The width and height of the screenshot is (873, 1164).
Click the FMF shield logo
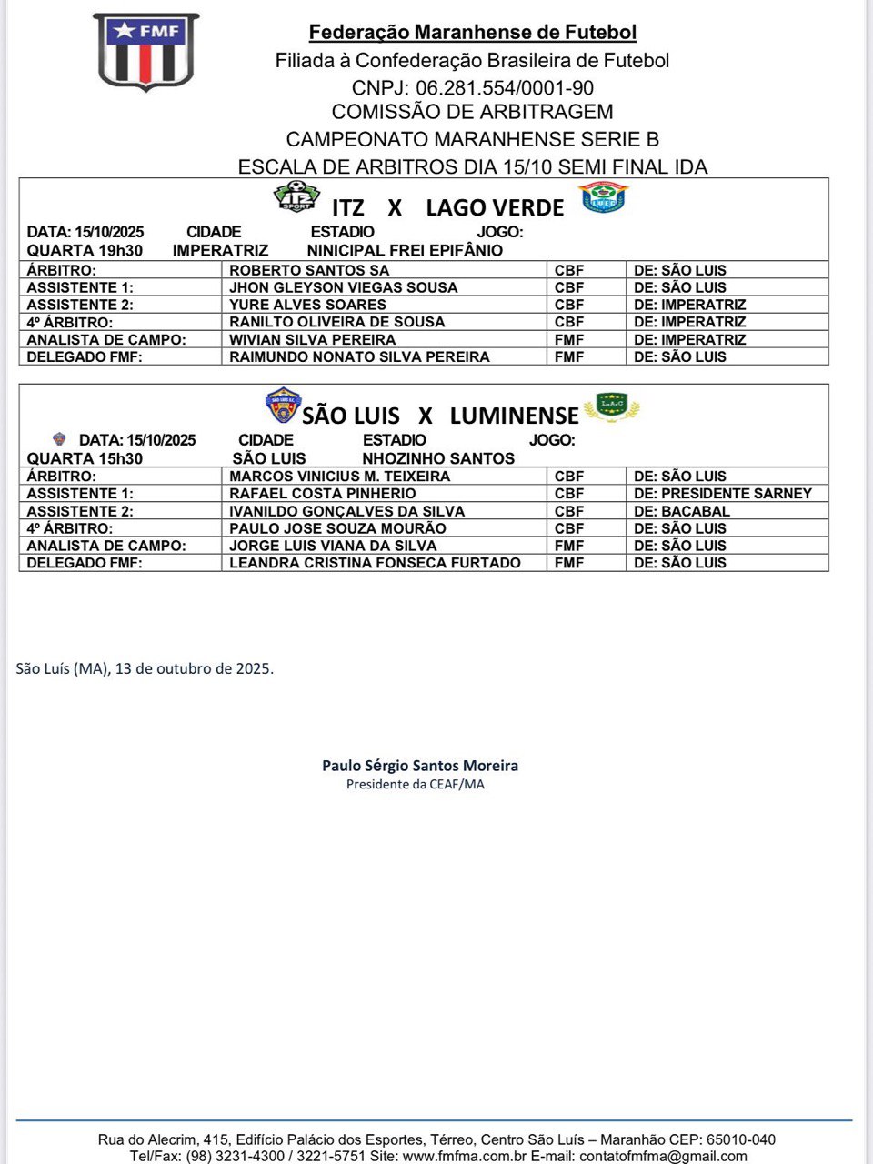tap(145, 52)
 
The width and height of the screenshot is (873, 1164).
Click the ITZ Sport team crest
tap(296, 196)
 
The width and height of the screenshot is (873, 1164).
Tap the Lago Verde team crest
tap(603, 196)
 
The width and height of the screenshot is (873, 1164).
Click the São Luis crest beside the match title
tap(283, 406)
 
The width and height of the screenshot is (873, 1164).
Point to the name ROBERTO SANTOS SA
tap(309, 270)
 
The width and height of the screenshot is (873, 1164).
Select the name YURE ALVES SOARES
tap(307, 305)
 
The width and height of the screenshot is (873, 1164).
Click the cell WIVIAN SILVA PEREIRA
tap(312, 339)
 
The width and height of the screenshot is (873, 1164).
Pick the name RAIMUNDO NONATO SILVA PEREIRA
tap(359, 356)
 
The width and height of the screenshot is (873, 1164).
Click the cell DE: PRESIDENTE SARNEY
tap(723, 493)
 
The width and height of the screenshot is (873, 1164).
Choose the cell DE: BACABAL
tap(682, 511)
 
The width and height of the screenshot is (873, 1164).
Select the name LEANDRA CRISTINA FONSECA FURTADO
tap(375, 563)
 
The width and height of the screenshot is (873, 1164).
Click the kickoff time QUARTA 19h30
tap(85, 250)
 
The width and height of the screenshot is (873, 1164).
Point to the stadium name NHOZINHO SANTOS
tap(438, 458)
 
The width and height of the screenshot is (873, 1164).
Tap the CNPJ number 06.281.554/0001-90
tap(505, 88)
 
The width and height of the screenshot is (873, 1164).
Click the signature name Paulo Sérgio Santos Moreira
tap(420, 766)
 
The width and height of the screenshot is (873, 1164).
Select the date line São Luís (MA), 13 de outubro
tap(145, 668)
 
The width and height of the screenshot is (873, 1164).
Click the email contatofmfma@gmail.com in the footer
tap(663, 1156)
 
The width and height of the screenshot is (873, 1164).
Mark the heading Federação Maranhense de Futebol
tap(473, 33)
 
